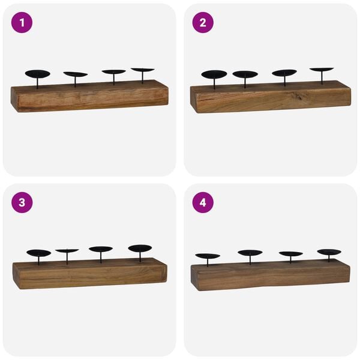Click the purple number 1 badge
pos(22,23)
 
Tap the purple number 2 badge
pos(203,23)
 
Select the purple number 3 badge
pos(22,203)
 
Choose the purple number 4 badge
pos(203,203)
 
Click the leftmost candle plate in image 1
pos(37,74)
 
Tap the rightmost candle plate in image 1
pos(142,70)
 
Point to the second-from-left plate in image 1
pos(76,74)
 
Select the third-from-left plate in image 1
pos(113,72)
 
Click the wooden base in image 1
pos(89,97)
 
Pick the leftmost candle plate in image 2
pos(214,74)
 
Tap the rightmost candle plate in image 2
pos(322,70)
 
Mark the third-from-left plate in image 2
pos(284,73)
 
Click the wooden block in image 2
pos(270,98)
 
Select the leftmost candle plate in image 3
pos(39,253)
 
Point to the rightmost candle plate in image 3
pos(140,248)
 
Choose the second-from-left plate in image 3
pos(67,251)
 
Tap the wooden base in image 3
pos(90,275)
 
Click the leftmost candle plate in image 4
pos(208,256)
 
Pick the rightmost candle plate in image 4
pos(329,252)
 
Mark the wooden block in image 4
pos(270,276)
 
